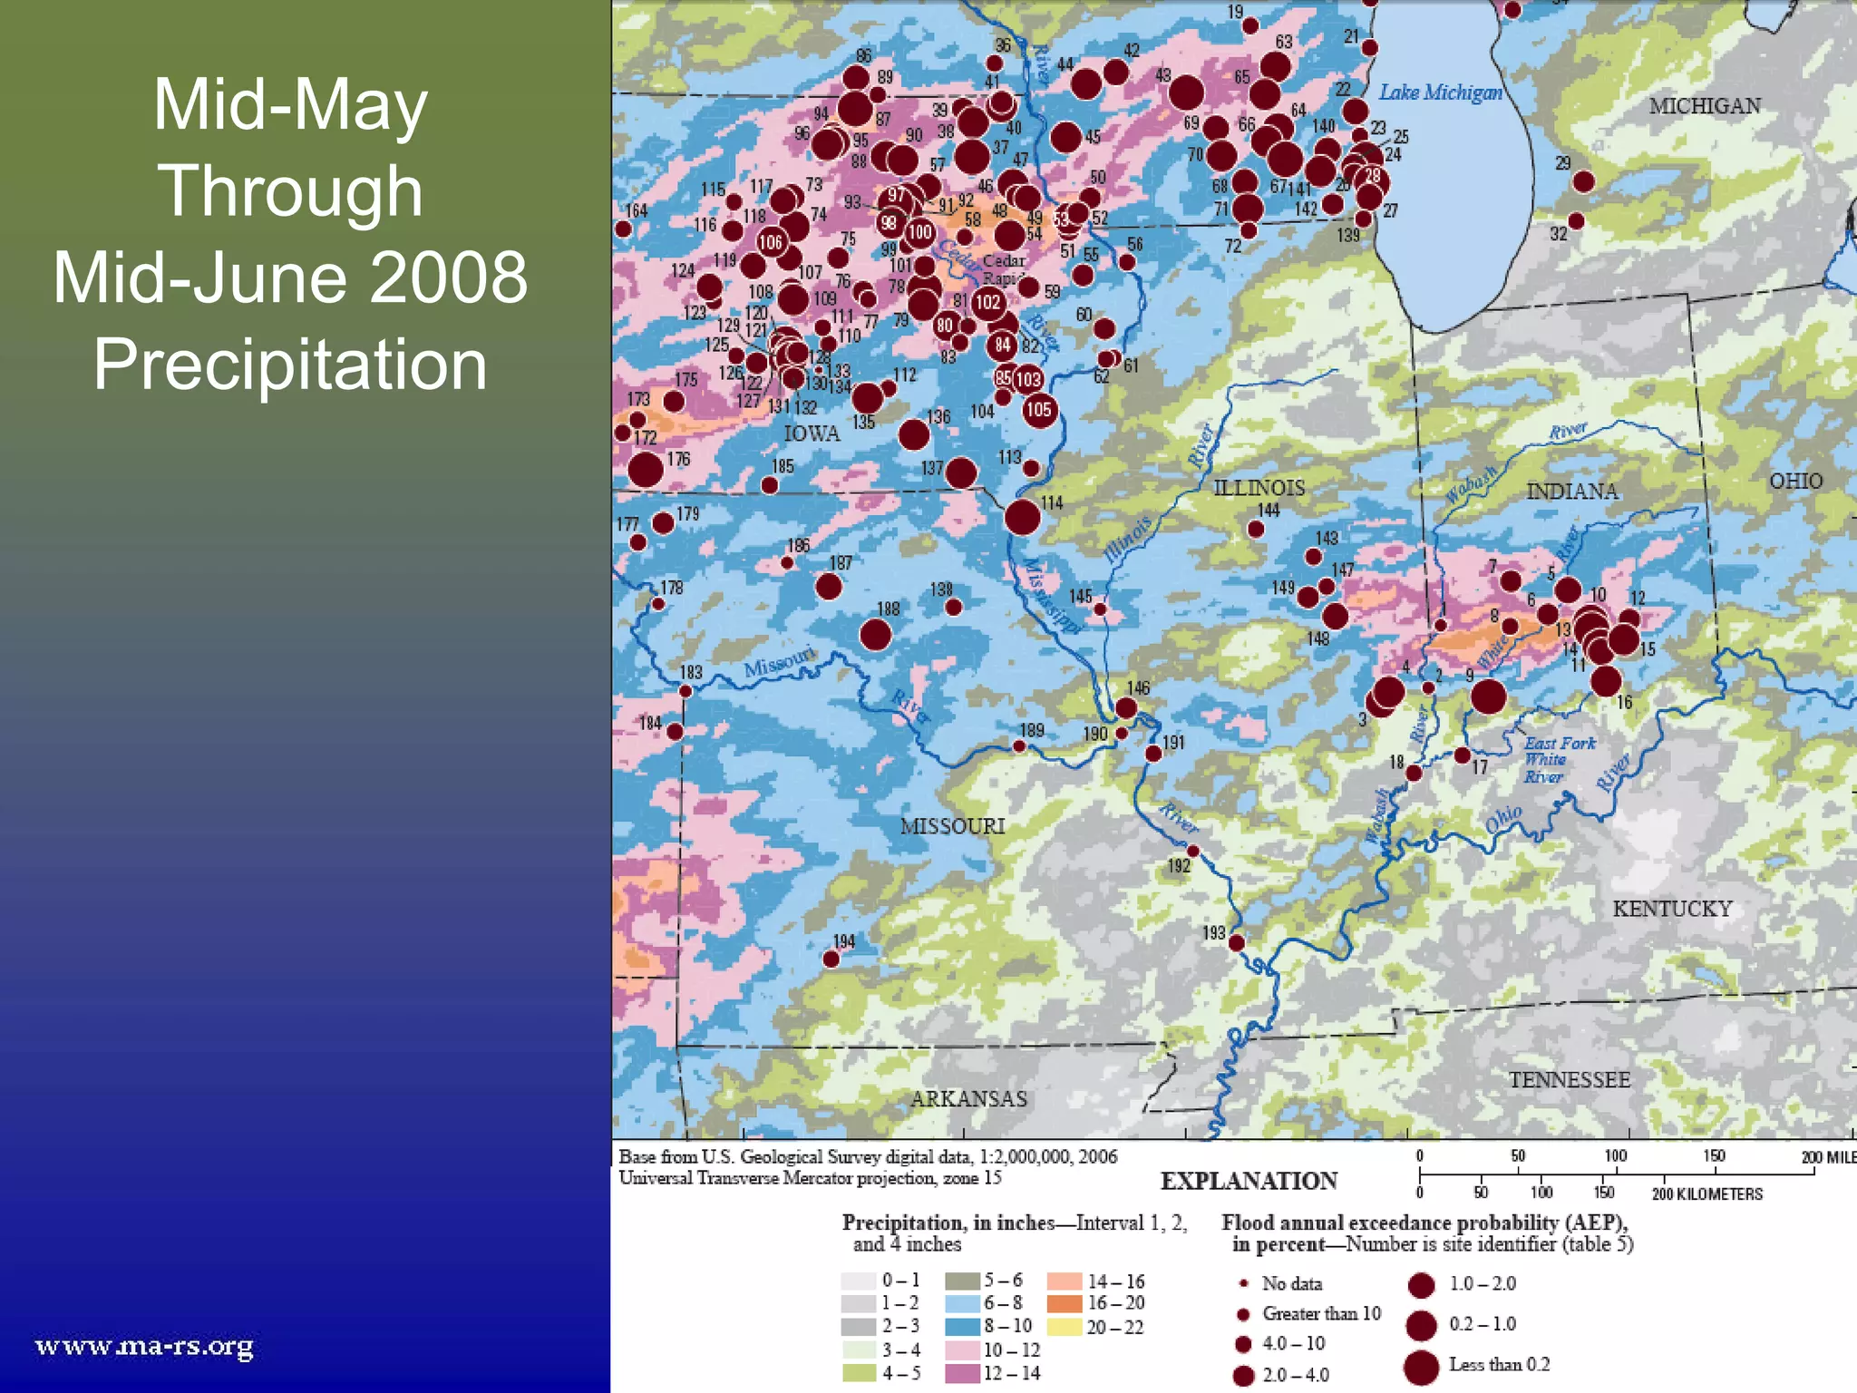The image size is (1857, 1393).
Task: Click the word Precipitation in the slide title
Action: [290, 365]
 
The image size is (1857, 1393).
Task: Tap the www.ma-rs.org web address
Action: [144, 1346]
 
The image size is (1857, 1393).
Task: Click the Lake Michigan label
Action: [1440, 93]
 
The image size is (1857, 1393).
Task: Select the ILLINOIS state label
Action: [1259, 488]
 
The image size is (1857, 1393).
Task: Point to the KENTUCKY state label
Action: [1672, 909]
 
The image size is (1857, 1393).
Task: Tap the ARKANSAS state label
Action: [968, 1099]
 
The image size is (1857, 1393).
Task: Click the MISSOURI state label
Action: [952, 826]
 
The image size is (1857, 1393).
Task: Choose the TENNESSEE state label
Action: [1569, 1080]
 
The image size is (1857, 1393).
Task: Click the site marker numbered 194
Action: [831, 959]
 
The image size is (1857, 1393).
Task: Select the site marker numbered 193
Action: [1236, 943]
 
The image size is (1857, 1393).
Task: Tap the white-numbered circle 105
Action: [1039, 410]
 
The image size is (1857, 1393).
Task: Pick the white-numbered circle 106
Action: [771, 242]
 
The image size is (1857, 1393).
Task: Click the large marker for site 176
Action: [645, 470]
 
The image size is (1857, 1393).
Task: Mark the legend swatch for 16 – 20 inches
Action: [1065, 1304]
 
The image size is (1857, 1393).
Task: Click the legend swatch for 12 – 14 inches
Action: [962, 1373]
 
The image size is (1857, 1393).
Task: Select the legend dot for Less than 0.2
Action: [1421, 1367]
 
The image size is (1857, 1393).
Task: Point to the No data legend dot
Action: [1244, 1283]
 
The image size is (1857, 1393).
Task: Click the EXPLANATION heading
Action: [1249, 1181]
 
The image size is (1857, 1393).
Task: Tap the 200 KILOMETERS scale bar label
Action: [1706, 1193]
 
